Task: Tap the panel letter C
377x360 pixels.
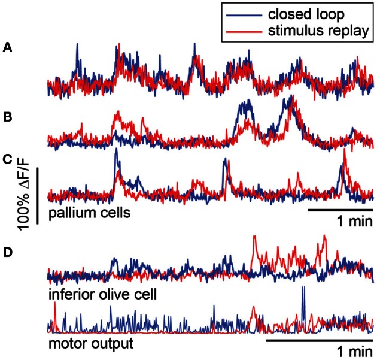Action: click(x=7, y=159)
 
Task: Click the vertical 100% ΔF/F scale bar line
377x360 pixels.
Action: click(x=38, y=196)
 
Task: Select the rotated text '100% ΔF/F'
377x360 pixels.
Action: click(x=22, y=196)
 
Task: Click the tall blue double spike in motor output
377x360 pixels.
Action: click(x=304, y=300)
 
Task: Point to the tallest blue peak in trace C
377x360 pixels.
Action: click(x=116, y=151)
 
